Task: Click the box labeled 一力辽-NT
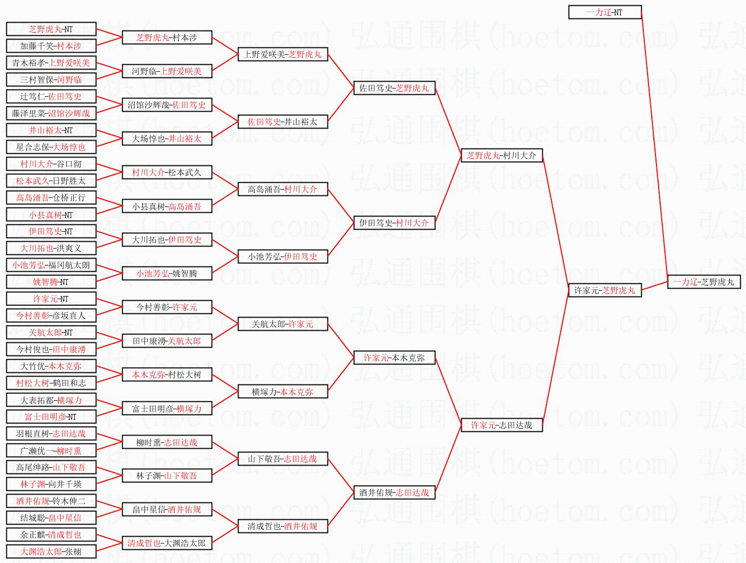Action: [x=604, y=12]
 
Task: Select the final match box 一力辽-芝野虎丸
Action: [x=703, y=282]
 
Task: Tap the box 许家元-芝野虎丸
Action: [x=604, y=290]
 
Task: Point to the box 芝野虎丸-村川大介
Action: [x=501, y=155]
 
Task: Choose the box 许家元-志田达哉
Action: [x=501, y=425]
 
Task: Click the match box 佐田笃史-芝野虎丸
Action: [x=394, y=88]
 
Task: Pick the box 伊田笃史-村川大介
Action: [x=394, y=223]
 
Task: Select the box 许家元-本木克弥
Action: [x=394, y=358]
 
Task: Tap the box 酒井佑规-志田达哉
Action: [x=394, y=492]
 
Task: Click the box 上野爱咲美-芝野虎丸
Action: [x=283, y=54]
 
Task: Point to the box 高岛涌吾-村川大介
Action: [x=283, y=189]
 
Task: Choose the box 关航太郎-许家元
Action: [x=283, y=324]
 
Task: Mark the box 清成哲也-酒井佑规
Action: [x=283, y=526]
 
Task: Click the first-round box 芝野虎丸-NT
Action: [x=51, y=29]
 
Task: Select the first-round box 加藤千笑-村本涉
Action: [x=51, y=46]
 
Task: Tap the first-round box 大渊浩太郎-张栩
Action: [x=51, y=551]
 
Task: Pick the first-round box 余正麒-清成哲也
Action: [x=51, y=535]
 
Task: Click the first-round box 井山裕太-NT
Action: [x=51, y=130]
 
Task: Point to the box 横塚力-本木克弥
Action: [x=283, y=391]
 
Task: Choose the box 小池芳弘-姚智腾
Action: [x=167, y=273]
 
